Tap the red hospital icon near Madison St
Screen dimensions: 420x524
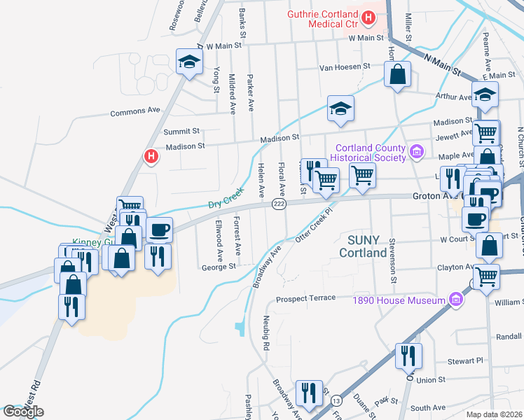[149, 156]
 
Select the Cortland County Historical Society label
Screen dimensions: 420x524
[371, 153]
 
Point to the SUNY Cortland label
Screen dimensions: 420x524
[363, 246]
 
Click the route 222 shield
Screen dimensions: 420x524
[278, 203]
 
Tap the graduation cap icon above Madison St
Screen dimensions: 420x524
[340, 108]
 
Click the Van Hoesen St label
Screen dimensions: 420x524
[344, 66]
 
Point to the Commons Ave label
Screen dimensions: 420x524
[135, 111]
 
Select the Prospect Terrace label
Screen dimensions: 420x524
[305, 298]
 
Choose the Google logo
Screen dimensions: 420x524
[23, 412]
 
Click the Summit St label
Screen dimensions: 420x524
[182, 130]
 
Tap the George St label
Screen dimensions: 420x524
[219, 267]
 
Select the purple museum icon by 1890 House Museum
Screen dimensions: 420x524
[456, 300]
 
